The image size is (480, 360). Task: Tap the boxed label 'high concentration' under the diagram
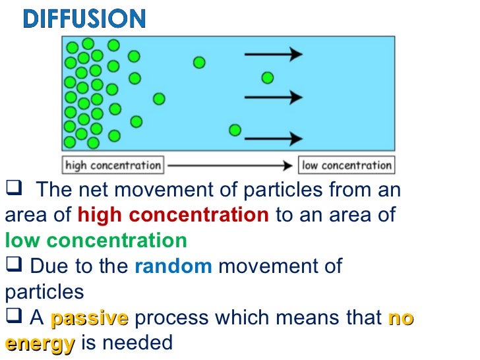[113, 165]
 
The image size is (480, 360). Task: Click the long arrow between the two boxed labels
[230, 165]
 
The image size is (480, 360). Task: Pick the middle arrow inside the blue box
[273, 98]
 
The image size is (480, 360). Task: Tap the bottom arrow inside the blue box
[273, 138]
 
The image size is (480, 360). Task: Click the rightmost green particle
[267, 78]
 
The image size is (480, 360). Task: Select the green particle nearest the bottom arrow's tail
[235, 130]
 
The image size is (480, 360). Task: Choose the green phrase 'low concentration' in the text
[96, 241]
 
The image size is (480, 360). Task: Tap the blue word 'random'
[173, 267]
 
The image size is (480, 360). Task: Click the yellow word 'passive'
[89, 318]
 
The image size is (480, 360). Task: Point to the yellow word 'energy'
[39, 343]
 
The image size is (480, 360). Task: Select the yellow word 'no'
[401, 318]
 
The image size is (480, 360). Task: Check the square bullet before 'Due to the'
[11, 266]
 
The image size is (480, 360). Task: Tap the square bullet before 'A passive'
[11, 318]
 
